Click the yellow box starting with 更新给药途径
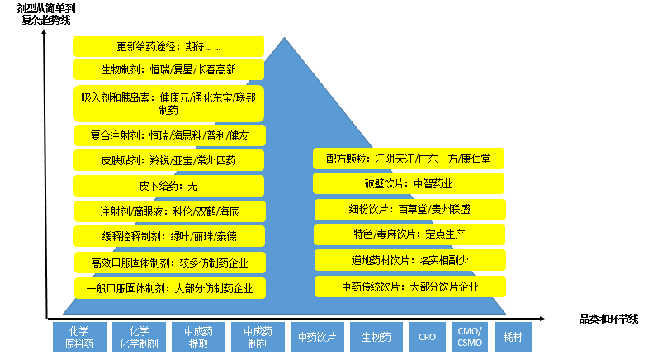pyautogui.click(x=168, y=46)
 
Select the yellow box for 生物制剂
pyautogui.click(x=168, y=69)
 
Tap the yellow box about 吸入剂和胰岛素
pyautogui.click(x=168, y=103)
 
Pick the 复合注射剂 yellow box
pyautogui.click(x=168, y=135)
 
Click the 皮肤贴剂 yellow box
pyautogui.click(x=168, y=160)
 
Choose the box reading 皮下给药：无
pyautogui.click(x=168, y=186)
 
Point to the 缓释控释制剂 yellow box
pyautogui.click(x=168, y=236)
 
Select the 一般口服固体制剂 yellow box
pyautogui.click(x=168, y=288)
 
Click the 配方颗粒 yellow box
pyautogui.click(x=409, y=158)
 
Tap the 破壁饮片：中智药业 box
pyautogui.click(x=409, y=183)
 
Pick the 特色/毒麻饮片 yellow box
pyautogui.click(x=409, y=234)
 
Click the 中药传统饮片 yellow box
pyautogui.click(x=409, y=287)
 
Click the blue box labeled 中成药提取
pyautogui.click(x=199, y=337)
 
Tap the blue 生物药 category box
pyautogui.click(x=375, y=337)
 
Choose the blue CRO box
pyautogui.click(x=427, y=337)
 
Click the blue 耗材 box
pyautogui.click(x=516, y=337)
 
